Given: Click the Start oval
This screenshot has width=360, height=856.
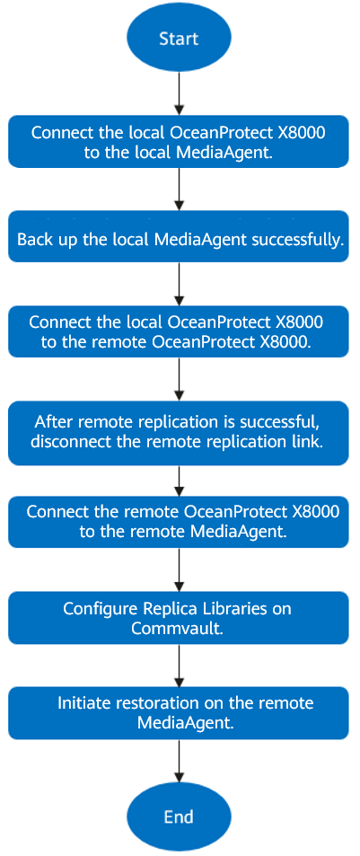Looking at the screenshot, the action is [x=179, y=39].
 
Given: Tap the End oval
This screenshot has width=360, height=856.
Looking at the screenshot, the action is [x=179, y=816].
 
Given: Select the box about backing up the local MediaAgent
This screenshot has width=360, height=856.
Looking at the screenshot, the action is [x=179, y=236].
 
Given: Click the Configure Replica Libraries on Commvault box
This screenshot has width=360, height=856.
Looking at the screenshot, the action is [x=179, y=617].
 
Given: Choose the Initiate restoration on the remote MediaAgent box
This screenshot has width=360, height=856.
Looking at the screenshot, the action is [x=179, y=713].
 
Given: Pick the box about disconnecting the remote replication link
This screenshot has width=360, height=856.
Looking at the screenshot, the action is [x=179, y=433].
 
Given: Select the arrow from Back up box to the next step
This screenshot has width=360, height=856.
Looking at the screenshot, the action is [x=179, y=284].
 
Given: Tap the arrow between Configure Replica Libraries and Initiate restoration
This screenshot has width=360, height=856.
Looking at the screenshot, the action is [x=179, y=665].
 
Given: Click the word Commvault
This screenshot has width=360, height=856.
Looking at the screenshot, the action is [x=178, y=628].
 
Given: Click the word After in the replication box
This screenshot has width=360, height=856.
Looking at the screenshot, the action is [x=50, y=422].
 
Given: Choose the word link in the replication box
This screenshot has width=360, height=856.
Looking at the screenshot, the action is [x=311, y=442].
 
